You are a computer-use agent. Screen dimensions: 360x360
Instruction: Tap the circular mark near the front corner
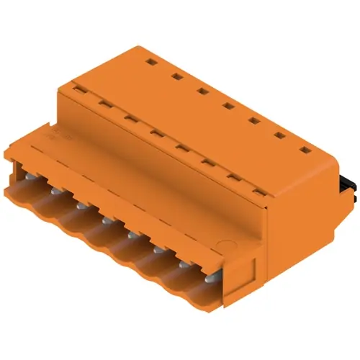[225, 248]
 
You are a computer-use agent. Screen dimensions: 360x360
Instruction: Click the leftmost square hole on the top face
[151, 63]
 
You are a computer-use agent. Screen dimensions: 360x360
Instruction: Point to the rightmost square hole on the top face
[305, 150]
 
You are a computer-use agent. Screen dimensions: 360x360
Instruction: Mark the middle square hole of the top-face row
[228, 105]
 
